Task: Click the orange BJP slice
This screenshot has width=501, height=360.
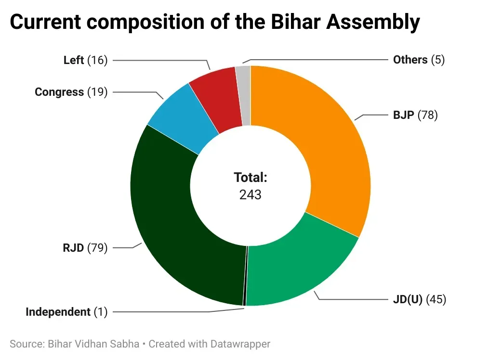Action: [x=328, y=149]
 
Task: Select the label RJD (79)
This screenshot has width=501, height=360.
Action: [x=84, y=248]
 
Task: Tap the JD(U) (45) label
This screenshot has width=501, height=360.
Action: [x=420, y=299]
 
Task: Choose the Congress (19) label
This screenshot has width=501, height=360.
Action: [x=71, y=92]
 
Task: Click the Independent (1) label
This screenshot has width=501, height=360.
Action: [x=66, y=312]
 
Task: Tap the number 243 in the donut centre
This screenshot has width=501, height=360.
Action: [x=250, y=194]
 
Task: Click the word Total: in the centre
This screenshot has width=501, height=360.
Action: [x=250, y=178]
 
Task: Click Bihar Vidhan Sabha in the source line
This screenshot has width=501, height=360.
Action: [x=93, y=344]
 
